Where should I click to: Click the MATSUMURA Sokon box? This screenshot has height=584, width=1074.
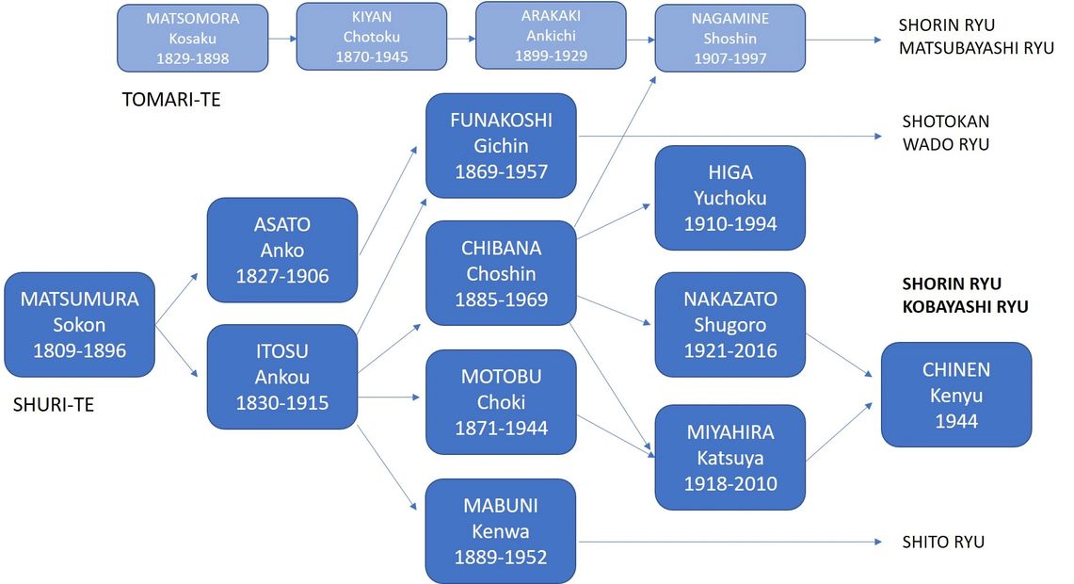[79, 325]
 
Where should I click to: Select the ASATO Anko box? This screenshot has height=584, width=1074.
[281, 251]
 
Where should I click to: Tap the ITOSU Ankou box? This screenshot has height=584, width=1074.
[281, 377]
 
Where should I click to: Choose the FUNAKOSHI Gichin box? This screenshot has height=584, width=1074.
[501, 146]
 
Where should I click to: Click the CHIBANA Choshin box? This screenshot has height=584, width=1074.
[501, 273]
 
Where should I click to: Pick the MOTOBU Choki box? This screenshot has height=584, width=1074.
[501, 402]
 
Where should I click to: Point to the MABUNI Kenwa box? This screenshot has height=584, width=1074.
[501, 531]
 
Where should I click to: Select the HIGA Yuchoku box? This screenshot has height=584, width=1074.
[730, 198]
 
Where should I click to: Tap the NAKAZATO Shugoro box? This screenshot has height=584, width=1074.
[730, 325]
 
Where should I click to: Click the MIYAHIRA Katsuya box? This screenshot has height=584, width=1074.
[730, 458]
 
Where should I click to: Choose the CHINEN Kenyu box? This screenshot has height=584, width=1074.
[955, 395]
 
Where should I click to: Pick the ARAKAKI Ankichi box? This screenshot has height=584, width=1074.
[551, 36]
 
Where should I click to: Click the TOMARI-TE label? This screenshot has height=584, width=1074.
[171, 99]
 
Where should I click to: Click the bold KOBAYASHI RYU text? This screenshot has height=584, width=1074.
[965, 306]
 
